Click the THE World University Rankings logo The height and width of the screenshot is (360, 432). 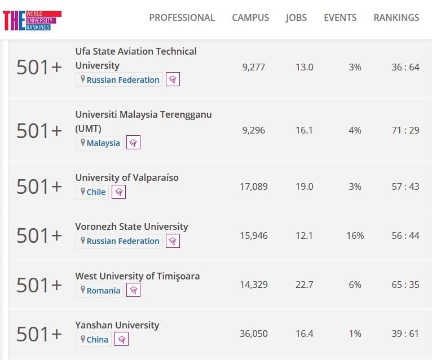[32, 20]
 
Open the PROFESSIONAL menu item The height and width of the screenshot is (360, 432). [182, 17]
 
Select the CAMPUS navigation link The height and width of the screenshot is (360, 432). [250, 17]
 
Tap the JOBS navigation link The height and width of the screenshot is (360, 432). [296, 17]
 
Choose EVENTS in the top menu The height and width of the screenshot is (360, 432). [340, 17]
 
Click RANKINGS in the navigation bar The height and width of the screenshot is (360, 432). [396, 17]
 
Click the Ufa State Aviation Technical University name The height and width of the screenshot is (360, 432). [136, 58]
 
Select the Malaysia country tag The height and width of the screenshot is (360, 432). [100, 143]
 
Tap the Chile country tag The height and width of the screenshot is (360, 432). [92, 192]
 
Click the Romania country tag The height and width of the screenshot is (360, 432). [100, 291]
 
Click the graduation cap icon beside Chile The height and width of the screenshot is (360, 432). [118, 192]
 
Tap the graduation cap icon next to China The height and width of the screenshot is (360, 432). [121, 340]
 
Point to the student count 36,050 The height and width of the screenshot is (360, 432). [253, 334]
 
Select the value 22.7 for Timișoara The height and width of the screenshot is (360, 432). [304, 285]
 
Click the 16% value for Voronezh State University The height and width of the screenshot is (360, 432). [355, 235]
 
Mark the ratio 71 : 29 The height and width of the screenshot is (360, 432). [405, 130]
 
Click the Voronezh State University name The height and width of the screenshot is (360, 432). [131, 226]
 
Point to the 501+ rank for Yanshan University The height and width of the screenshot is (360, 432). [39, 334]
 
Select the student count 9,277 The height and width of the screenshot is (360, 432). [253, 67]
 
